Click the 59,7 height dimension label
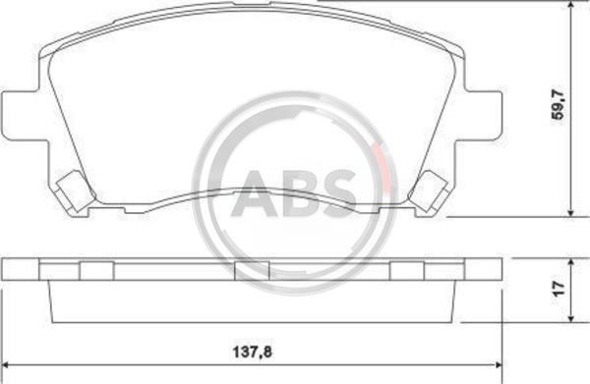click(558, 104)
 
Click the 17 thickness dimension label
click(559, 289)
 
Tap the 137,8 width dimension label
click(252, 352)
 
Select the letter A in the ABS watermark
click(255, 193)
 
